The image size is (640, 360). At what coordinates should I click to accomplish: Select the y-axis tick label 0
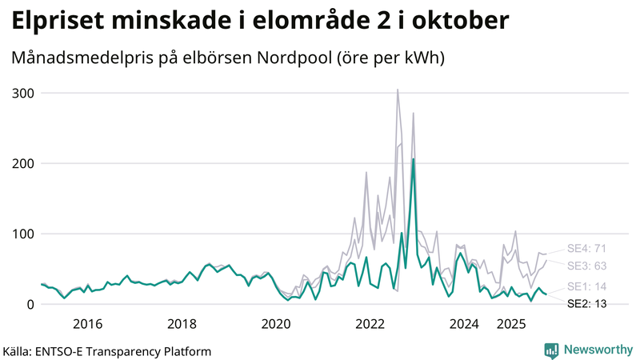coord(29,304)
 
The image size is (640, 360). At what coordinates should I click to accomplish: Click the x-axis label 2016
coord(87,324)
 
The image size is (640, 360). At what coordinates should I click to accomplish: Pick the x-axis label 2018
coord(182,324)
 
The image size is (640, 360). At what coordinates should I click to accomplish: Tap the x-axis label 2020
coord(276,324)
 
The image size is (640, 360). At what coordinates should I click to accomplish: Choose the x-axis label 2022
coord(370,324)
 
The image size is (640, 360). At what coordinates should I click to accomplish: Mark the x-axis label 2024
coord(465,324)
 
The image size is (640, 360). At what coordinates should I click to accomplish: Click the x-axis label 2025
coord(512,324)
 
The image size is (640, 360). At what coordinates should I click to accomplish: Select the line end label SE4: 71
coord(588,248)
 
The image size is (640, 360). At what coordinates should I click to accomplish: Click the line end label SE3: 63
coord(588,266)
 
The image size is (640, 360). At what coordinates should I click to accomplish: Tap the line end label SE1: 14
coord(588,286)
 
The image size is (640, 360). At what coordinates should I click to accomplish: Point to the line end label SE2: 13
coord(588,304)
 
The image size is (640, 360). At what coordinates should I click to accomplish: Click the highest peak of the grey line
coord(398,90)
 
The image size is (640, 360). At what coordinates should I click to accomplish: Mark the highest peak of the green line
coord(413,159)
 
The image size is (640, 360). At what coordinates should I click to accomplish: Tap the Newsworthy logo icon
coord(551,350)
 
